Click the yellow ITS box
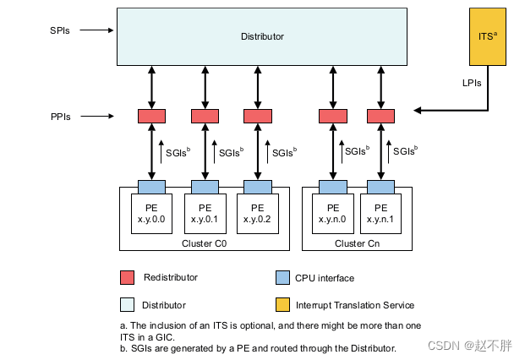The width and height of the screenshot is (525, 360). pyautogui.click(x=487, y=37)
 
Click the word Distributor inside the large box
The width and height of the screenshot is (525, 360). pyautogui.click(x=262, y=36)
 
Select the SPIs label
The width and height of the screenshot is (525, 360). pyautogui.click(x=60, y=30)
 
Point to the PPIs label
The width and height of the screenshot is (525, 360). pyautogui.click(x=60, y=116)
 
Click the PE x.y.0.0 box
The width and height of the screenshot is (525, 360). pyautogui.click(x=152, y=212)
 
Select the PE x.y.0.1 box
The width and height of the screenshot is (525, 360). pyautogui.click(x=205, y=212)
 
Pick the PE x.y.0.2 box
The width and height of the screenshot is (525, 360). pyautogui.click(x=257, y=212)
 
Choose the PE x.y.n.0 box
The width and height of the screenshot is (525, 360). pyautogui.click(x=333, y=212)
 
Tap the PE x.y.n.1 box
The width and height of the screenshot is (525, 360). pyautogui.click(x=380, y=212)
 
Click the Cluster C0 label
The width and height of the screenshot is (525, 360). pyautogui.click(x=204, y=243)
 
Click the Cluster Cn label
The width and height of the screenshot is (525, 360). pyautogui.click(x=356, y=243)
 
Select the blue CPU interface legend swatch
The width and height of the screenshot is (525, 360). pyautogui.click(x=283, y=277)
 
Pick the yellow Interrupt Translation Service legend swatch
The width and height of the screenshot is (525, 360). pyautogui.click(x=283, y=304)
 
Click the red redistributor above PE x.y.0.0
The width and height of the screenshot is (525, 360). pyautogui.click(x=152, y=116)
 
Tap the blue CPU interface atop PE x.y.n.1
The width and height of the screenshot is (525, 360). pyautogui.click(x=380, y=186)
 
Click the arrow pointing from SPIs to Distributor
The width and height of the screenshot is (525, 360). pyautogui.click(x=97, y=30)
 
